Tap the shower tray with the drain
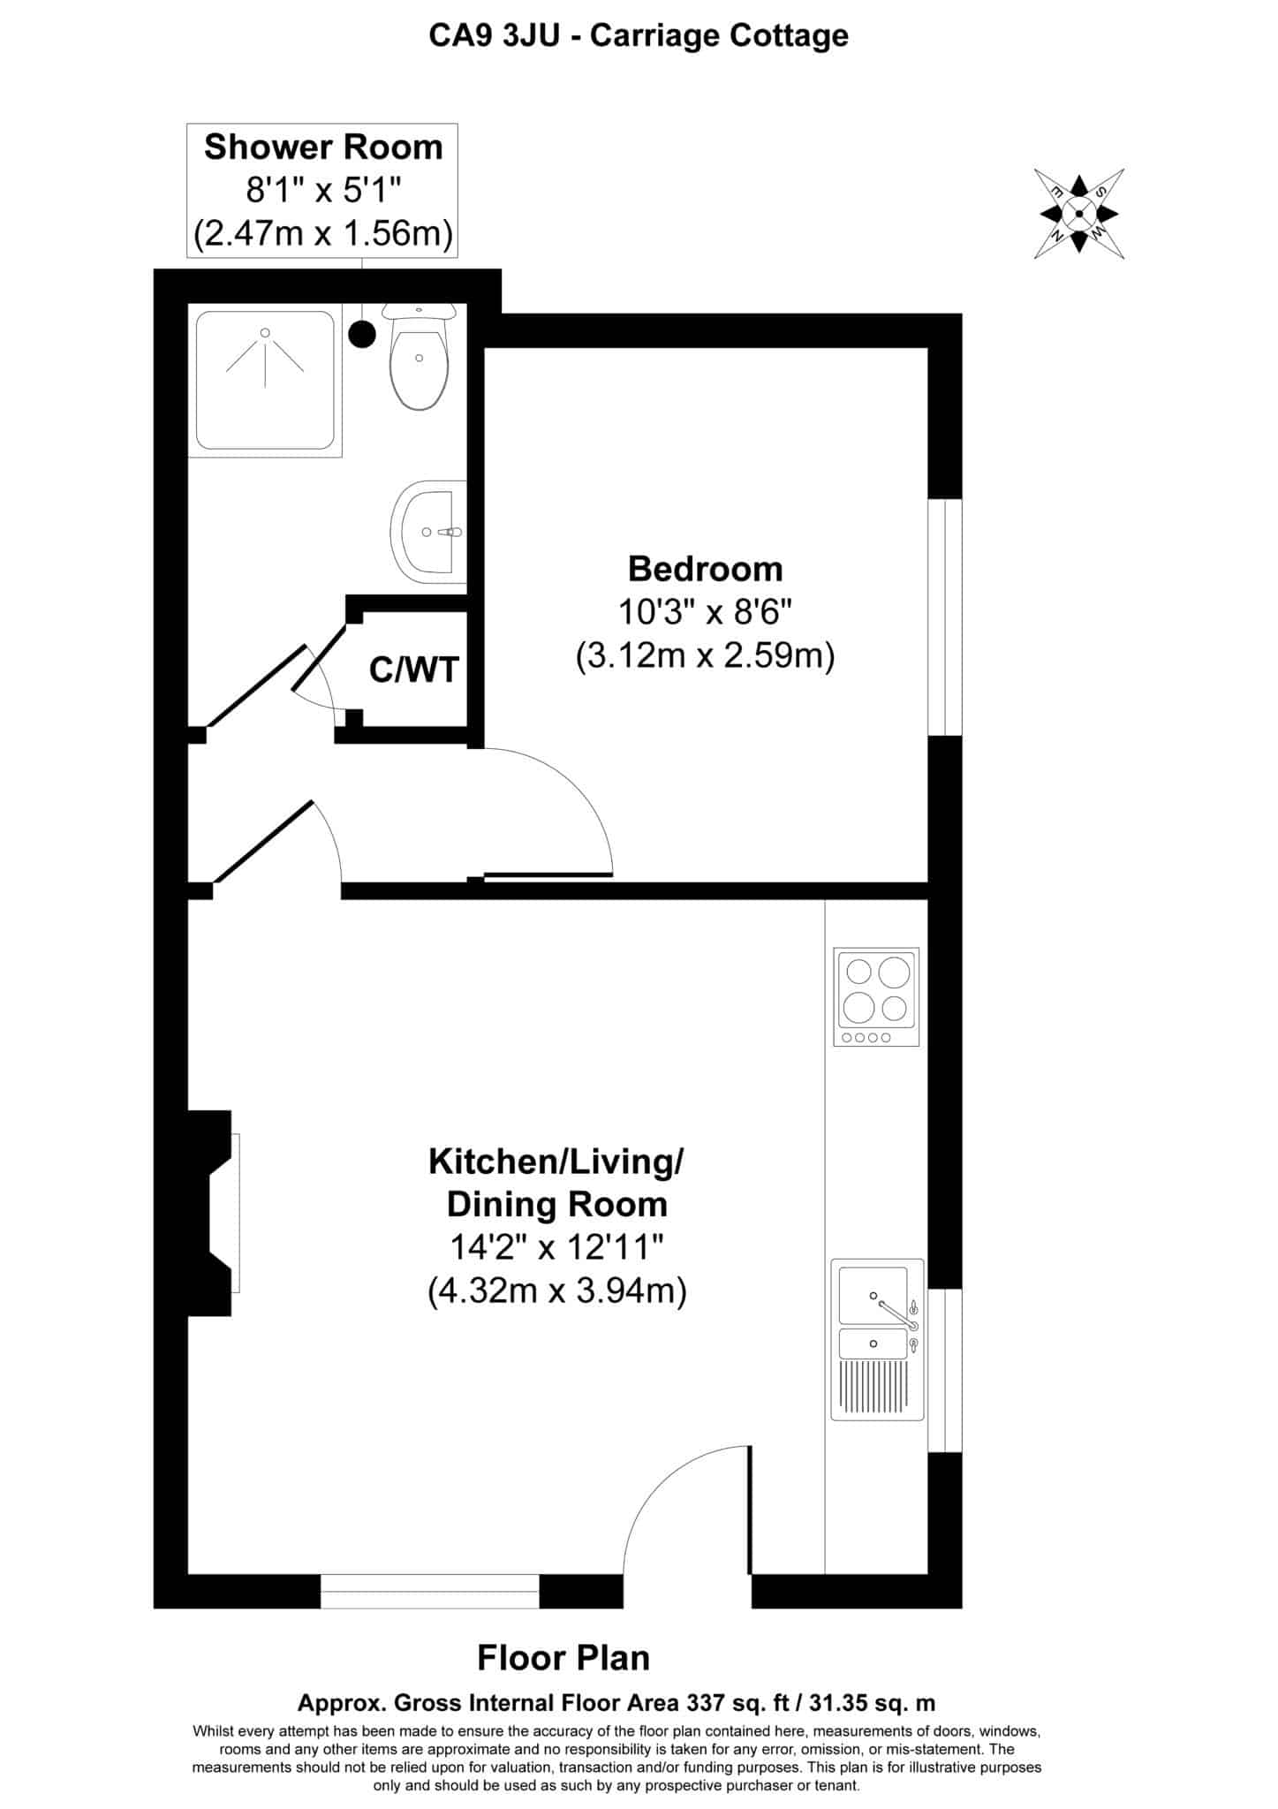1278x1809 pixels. point(266,380)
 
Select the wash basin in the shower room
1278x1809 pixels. point(428,533)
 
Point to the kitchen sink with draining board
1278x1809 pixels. point(877,1339)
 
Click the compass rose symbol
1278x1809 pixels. point(1078,213)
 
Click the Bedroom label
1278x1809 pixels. point(706,569)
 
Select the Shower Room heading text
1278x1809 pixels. point(323,147)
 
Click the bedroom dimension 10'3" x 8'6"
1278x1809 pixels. point(706,612)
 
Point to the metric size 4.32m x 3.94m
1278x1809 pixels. point(557,1291)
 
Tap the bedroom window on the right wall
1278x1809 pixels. point(944,617)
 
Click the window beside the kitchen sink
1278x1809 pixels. point(944,1370)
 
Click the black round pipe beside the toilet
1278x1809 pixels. point(362,333)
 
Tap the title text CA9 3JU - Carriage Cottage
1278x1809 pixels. point(639,36)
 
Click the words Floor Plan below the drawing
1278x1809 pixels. point(563,1658)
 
